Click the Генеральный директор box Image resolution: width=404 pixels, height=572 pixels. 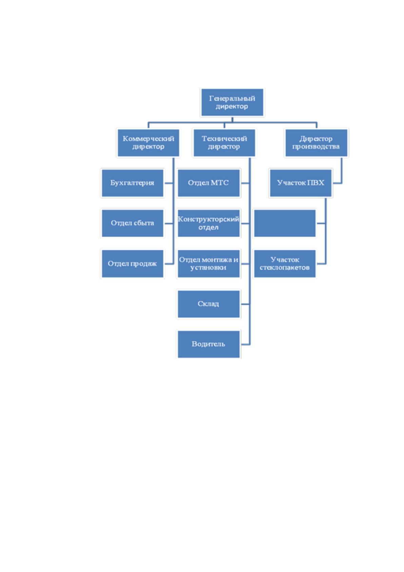click(x=232, y=102)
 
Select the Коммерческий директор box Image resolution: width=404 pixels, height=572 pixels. click(x=148, y=143)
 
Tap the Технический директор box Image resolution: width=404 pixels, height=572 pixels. click(x=224, y=143)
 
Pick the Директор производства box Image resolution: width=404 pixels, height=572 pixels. click(x=316, y=143)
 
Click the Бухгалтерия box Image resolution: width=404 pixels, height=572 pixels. click(x=132, y=183)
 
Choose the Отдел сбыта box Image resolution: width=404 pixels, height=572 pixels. click(x=132, y=224)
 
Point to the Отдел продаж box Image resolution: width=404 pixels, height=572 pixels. click(x=132, y=264)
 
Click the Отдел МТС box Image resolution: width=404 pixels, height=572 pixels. click(x=209, y=183)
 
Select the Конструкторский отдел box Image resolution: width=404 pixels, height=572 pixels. click(x=209, y=224)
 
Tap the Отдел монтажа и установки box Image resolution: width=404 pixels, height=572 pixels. click(x=209, y=264)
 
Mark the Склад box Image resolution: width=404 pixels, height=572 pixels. click(x=209, y=304)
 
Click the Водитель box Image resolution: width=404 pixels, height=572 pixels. click(x=209, y=344)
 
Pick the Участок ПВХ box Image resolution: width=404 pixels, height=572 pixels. click(x=301, y=183)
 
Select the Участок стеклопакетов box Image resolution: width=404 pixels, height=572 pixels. click(x=285, y=264)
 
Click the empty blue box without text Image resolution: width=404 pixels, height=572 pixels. click(x=285, y=224)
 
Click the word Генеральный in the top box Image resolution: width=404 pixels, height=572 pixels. click(x=232, y=98)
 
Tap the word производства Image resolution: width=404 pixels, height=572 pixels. click(x=316, y=147)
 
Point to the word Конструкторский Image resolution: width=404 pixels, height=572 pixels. click(x=208, y=219)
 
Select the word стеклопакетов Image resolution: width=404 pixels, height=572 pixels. click(x=285, y=268)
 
